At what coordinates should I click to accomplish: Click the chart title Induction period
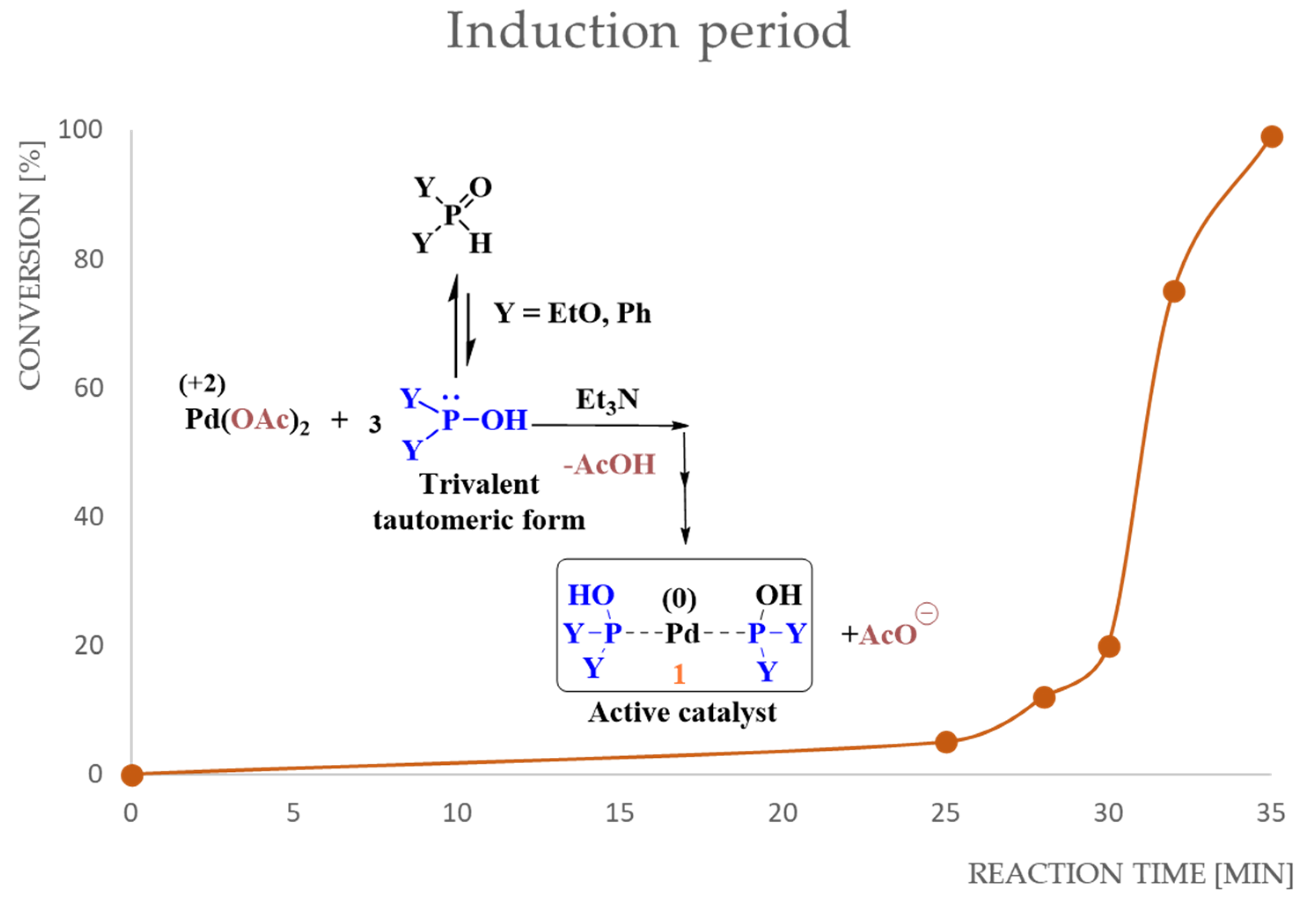click(x=648, y=33)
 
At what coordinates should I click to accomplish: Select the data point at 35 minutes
click(x=1272, y=137)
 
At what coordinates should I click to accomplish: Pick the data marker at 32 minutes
click(x=1173, y=292)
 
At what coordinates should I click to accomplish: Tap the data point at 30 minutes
click(x=1109, y=646)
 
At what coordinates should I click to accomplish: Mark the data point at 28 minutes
click(x=1044, y=697)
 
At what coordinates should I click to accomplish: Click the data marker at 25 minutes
click(x=946, y=742)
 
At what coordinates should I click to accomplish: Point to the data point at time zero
click(x=132, y=775)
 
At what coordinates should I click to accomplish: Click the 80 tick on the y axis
click(x=88, y=260)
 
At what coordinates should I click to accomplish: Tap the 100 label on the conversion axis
click(x=81, y=130)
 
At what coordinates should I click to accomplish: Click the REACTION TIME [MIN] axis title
click(x=1129, y=874)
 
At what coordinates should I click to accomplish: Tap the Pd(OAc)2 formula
click(x=247, y=421)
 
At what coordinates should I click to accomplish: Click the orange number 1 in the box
click(x=679, y=675)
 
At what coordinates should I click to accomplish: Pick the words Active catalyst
click(x=682, y=712)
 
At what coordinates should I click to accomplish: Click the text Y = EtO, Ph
click(x=572, y=313)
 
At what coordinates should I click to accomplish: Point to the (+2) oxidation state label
click(x=202, y=384)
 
